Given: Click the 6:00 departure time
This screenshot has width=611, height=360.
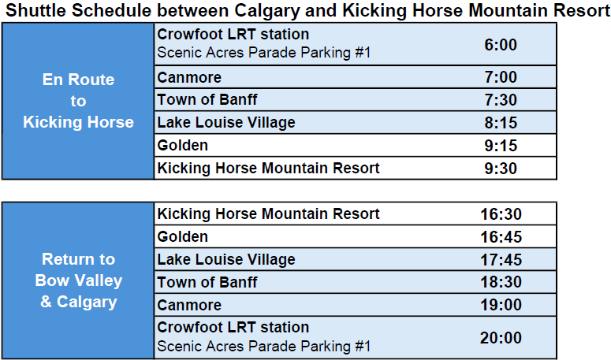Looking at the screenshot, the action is click(501, 45).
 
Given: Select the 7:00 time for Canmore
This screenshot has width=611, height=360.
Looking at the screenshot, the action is click(501, 77).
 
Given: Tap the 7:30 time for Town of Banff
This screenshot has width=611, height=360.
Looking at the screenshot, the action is click(501, 100).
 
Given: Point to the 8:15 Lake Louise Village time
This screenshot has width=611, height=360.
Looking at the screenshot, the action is click(501, 123).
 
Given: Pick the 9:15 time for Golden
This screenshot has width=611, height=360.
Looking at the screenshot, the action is click(501, 146).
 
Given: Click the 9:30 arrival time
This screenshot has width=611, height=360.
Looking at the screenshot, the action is click(501, 169).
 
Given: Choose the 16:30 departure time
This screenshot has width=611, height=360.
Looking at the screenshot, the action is click(501, 214).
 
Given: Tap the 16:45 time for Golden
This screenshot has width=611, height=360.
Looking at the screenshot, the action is click(501, 237).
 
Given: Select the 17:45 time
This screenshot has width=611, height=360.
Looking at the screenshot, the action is click(501, 260).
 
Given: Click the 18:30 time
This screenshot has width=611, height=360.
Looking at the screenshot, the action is click(501, 282).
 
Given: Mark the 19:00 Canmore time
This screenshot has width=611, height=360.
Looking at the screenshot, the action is click(501, 305).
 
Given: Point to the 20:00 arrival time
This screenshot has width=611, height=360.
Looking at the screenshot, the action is click(501, 338).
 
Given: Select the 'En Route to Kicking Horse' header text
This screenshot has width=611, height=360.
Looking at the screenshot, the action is click(78, 101).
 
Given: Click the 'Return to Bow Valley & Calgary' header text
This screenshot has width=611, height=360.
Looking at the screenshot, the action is click(78, 280).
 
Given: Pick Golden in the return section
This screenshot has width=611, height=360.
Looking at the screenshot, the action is click(182, 236).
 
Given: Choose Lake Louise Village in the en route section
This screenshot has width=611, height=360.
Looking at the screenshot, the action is click(226, 123).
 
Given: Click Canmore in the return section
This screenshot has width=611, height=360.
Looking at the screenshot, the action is click(189, 305).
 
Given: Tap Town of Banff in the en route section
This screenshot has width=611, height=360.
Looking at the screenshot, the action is click(207, 99).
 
